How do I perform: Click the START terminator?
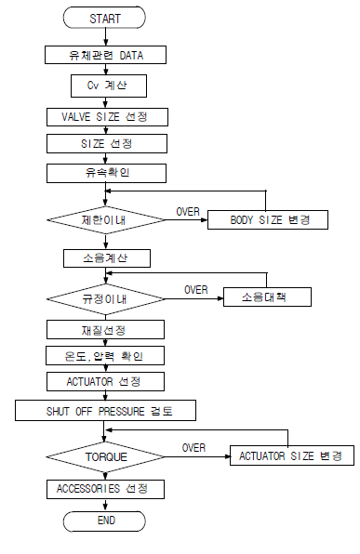pos(105,18)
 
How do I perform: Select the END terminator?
pos(105,521)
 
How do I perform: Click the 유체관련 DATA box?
pos(106,55)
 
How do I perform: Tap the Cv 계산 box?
pos(106,86)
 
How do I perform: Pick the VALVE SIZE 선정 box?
pos(106,117)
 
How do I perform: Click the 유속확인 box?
pos(106,173)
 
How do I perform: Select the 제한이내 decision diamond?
pos(105,221)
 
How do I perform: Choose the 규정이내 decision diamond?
pos(105,299)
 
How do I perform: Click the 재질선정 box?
pos(106,330)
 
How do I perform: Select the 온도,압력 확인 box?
pos(106,356)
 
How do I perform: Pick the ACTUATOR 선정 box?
pos(106,381)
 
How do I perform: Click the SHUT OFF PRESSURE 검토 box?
pos(106,409)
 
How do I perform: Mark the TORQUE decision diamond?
pos(105,456)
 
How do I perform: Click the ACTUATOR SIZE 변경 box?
pos(290,456)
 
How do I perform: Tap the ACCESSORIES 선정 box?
pos(106,488)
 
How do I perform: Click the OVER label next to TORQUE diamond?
pos(193,447)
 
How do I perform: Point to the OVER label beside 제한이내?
pos(187,211)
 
